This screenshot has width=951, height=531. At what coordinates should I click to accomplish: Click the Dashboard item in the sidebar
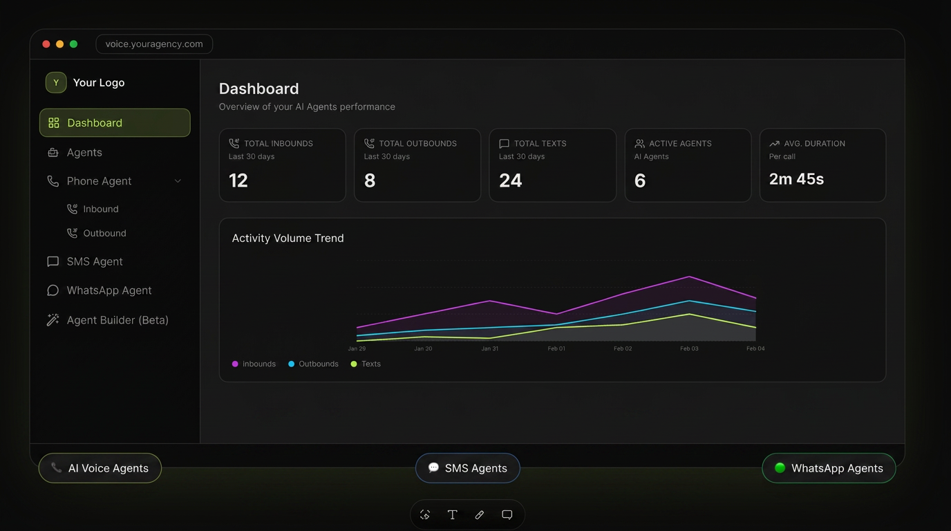click(x=115, y=123)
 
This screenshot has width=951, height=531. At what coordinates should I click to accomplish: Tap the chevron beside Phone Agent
click(x=178, y=181)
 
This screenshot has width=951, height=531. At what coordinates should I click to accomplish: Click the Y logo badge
click(x=56, y=82)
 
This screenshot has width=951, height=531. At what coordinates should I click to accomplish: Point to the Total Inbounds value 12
click(x=238, y=180)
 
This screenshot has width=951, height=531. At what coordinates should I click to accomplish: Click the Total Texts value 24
click(x=510, y=180)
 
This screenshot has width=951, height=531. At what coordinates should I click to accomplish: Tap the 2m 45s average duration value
click(x=796, y=179)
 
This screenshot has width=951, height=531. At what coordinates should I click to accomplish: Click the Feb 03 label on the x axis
click(x=689, y=348)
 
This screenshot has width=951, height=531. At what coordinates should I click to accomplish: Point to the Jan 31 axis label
click(x=489, y=348)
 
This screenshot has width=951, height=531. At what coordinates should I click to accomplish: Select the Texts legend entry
click(x=366, y=364)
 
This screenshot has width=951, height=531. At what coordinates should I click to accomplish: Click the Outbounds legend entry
click(x=313, y=364)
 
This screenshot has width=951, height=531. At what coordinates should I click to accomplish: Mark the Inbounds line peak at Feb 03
click(x=689, y=277)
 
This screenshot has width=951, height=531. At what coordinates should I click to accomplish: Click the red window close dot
click(x=46, y=44)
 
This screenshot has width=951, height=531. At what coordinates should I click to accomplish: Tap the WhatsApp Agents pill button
click(x=829, y=468)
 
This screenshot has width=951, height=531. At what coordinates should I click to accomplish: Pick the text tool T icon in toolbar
click(x=452, y=515)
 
